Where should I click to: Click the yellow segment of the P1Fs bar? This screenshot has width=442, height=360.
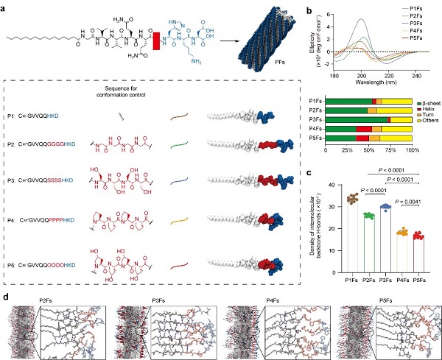pos(398,100)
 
